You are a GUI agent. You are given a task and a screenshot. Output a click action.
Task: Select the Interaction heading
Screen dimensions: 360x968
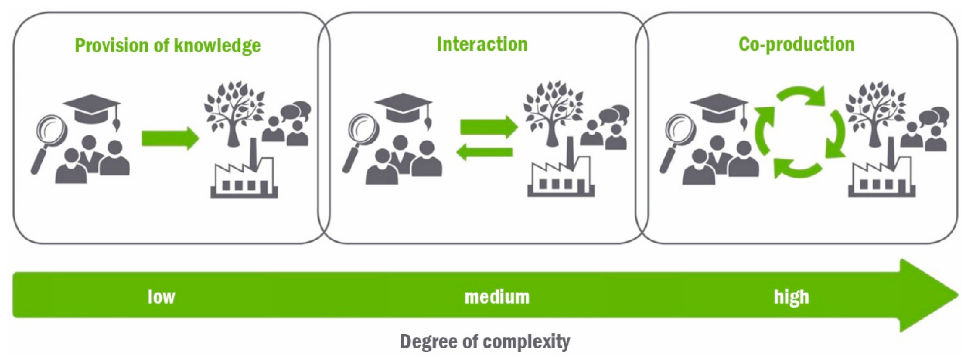coord(482,44)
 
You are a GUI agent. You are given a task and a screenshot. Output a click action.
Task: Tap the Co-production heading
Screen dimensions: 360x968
coord(796,44)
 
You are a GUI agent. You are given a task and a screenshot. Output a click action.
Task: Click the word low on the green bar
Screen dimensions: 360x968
coord(161,297)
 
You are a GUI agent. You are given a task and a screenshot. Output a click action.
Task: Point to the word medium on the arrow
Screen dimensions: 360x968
coord(497,297)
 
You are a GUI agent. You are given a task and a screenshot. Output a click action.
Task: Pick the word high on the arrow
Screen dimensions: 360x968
coord(791,297)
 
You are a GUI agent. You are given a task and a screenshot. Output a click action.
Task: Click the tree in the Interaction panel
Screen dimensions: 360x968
coord(552,113)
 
